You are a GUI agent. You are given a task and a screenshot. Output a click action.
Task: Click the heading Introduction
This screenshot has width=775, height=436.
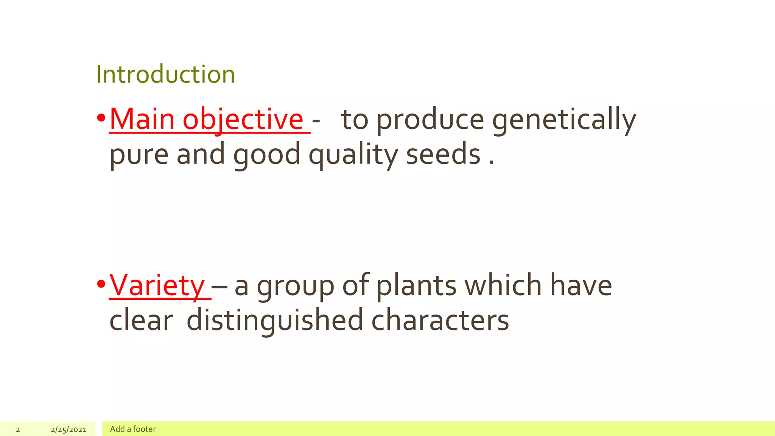coord(165,74)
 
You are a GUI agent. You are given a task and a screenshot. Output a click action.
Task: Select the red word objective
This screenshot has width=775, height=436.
coord(243,119)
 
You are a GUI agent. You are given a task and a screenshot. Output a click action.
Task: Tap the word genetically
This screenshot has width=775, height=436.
coord(564,119)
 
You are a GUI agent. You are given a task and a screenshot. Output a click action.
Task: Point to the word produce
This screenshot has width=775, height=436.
coord(430,119)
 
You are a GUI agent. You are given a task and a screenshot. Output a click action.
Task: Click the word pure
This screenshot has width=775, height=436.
coord(139,154)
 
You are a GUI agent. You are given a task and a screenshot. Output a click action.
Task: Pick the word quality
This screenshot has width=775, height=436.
coord(353,154)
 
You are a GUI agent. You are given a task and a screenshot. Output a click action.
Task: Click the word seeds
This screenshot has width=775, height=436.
coord(443,154)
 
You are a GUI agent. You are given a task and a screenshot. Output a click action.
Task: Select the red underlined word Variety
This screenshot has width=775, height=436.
coord(157,285)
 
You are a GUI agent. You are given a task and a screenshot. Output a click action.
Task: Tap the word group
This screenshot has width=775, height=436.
coord(296,285)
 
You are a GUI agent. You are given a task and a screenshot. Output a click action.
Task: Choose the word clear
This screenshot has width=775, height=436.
coord(141,320)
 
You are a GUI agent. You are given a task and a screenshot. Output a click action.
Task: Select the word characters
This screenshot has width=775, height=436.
coord(440,320)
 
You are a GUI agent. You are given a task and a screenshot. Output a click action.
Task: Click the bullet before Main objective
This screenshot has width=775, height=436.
coord(101,118)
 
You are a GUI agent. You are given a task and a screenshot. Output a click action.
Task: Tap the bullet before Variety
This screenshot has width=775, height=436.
coord(101,284)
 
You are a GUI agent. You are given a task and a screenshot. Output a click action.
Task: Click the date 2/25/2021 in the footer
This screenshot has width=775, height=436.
coord(68,430)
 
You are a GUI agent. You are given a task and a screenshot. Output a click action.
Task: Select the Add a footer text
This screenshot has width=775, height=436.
coord(133,429)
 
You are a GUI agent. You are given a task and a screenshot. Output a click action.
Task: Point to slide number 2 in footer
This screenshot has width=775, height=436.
coord(18,430)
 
